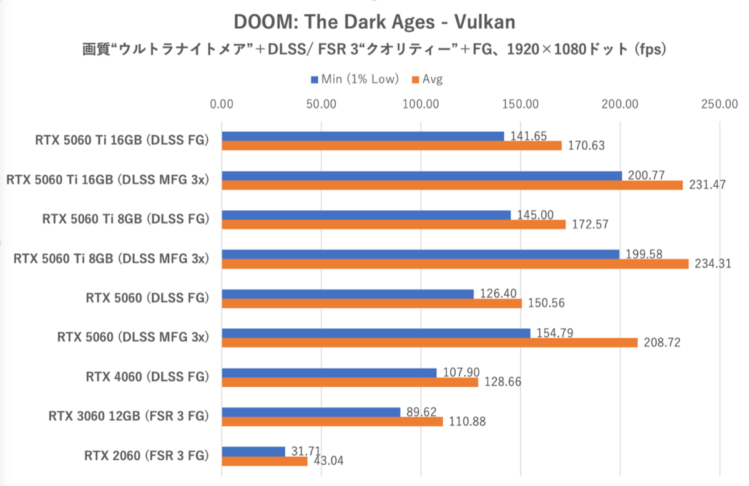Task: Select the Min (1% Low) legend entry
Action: coord(355,79)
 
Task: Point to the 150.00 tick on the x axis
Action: coord(521,104)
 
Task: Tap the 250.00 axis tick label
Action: coord(719,104)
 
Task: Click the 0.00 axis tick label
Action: coord(222,104)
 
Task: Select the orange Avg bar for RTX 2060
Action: coord(265,461)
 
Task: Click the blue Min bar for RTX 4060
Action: coord(330,373)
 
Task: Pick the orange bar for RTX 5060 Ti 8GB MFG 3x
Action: coord(455,264)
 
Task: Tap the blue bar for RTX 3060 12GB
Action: coord(311,412)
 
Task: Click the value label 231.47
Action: coord(705,185)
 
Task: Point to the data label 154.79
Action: coord(552,333)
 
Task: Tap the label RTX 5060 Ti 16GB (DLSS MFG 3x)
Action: coord(107,180)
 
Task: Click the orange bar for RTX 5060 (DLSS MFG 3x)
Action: coord(429,343)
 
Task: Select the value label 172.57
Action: coord(587,224)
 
